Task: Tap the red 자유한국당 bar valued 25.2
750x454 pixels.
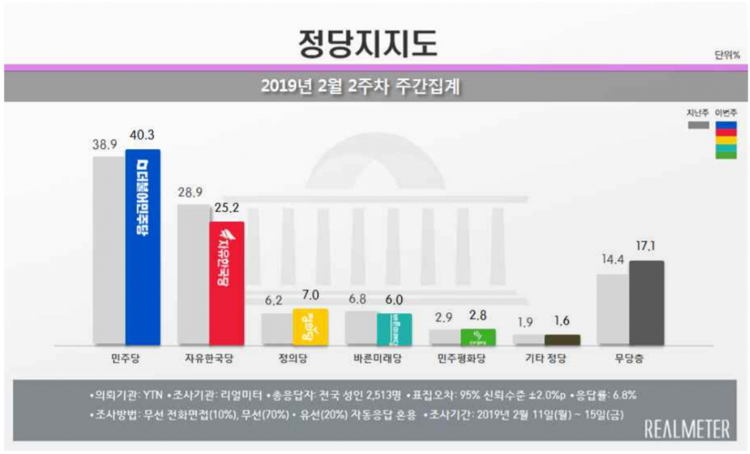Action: [x=226, y=282]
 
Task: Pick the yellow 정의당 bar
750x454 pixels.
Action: [x=310, y=326]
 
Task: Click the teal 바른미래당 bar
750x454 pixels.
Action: [x=394, y=329]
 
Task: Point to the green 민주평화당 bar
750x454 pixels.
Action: [x=478, y=337]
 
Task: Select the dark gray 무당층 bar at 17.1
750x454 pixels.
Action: [x=647, y=302]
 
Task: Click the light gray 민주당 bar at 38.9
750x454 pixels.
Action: [x=108, y=250]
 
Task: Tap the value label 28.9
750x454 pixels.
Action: [x=193, y=192]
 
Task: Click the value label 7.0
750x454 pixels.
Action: [x=311, y=296]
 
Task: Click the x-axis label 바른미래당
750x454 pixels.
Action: [x=377, y=358]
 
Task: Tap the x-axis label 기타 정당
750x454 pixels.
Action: [x=546, y=358]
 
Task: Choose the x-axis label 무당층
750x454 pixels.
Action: [x=630, y=358]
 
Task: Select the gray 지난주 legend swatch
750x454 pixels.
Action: [x=698, y=125]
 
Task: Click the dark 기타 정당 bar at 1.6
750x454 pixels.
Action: [x=562, y=340]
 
